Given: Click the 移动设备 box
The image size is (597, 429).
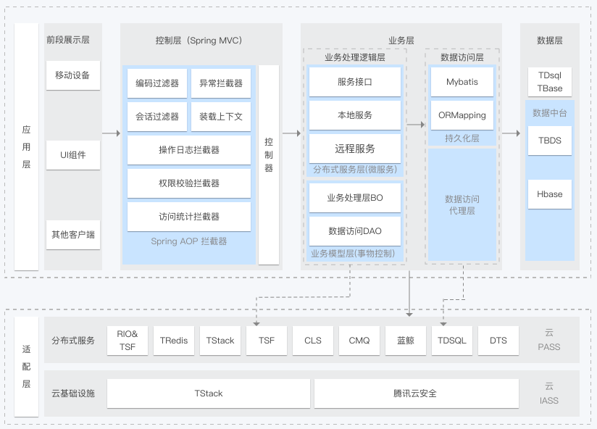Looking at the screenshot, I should [72, 75].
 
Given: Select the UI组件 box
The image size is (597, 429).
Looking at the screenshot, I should [72, 154].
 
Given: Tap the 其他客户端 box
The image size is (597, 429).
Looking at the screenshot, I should [72, 235].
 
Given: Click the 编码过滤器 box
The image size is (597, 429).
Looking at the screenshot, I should [157, 83].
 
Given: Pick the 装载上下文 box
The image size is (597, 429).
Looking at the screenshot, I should [221, 117].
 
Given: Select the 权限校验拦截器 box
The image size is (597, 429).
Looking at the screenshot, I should [189, 183].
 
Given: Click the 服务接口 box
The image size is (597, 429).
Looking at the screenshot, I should [355, 82].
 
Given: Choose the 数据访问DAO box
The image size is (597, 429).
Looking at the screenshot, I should [355, 231].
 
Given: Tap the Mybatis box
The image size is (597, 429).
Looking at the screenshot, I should [462, 82].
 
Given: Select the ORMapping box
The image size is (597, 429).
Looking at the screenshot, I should [462, 115].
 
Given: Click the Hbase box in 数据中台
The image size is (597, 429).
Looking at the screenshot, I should [549, 194].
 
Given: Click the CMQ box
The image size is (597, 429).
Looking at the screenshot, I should [359, 341].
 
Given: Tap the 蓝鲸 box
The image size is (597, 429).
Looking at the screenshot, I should [406, 341].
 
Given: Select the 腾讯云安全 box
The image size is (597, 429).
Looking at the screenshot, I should [416, 393].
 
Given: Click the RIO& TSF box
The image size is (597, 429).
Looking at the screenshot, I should [128, 341].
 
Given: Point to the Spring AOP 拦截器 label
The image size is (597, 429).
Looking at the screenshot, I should [189, 241].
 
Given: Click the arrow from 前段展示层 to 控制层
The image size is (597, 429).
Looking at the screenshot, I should [111, 133].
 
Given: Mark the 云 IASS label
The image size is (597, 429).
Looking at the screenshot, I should [549, 393].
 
